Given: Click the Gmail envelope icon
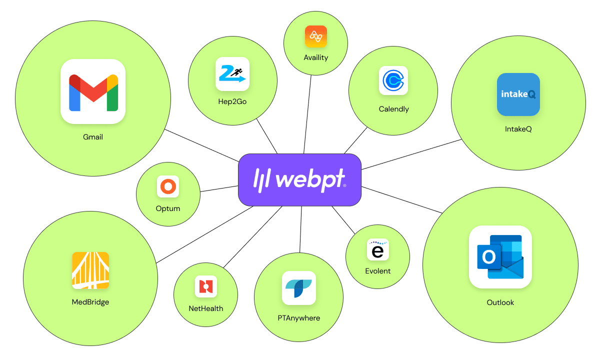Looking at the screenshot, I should coord(92,91).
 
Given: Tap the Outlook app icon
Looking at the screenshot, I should coord(500,256).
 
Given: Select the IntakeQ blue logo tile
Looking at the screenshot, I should coord(518,94).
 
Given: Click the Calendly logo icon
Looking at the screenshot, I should coord(393,80).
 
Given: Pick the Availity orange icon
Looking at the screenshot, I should coord(316,36).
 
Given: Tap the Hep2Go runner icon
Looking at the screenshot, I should coord(232,74).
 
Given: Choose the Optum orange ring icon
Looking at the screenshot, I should coord(167,187).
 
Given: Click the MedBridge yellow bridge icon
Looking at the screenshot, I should coord(90,270).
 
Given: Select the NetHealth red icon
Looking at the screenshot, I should coord(205,286).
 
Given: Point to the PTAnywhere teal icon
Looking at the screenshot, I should coord(299,287).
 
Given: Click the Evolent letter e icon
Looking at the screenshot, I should coord(377,249).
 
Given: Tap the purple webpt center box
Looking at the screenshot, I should coord(299,179).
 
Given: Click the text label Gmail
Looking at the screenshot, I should coord(93,136).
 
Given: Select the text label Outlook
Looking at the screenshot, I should coord(500,302).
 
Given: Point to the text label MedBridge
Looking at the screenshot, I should coord(90,302).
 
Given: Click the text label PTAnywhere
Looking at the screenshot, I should coord(299,318).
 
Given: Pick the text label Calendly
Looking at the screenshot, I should coord(393,109).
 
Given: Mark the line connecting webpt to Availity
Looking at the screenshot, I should coord(308,115).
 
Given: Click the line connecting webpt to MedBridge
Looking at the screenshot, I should coord(205,234).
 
